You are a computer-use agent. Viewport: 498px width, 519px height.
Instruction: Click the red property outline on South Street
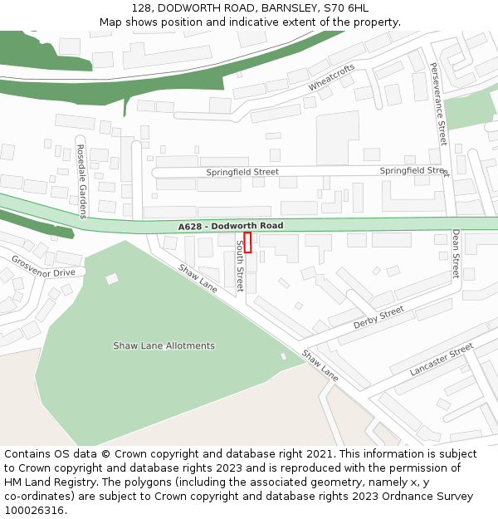coord(247,242)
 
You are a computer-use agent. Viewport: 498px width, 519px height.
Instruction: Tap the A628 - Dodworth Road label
coord(230,226)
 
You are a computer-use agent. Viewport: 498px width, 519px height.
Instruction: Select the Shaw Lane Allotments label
coord(164,345)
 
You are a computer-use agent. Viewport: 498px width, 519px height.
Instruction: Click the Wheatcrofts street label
coord(331,77)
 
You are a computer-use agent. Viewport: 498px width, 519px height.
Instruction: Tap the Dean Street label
coord(456,254)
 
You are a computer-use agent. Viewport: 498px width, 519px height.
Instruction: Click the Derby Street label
coord(378,317)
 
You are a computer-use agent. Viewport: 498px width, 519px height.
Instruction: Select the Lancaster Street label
coord(442,359)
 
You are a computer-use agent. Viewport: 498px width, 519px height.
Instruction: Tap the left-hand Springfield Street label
coord(242,172)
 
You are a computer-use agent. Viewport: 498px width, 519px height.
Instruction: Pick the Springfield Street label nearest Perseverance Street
coord(413,170)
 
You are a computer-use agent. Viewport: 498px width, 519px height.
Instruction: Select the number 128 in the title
coord(141,8)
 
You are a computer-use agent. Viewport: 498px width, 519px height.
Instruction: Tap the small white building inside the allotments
coord(112,279)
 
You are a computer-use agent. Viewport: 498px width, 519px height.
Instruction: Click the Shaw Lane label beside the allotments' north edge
coord(198,278)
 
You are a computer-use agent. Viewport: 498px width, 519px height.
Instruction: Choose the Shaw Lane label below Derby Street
coord(320,365)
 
